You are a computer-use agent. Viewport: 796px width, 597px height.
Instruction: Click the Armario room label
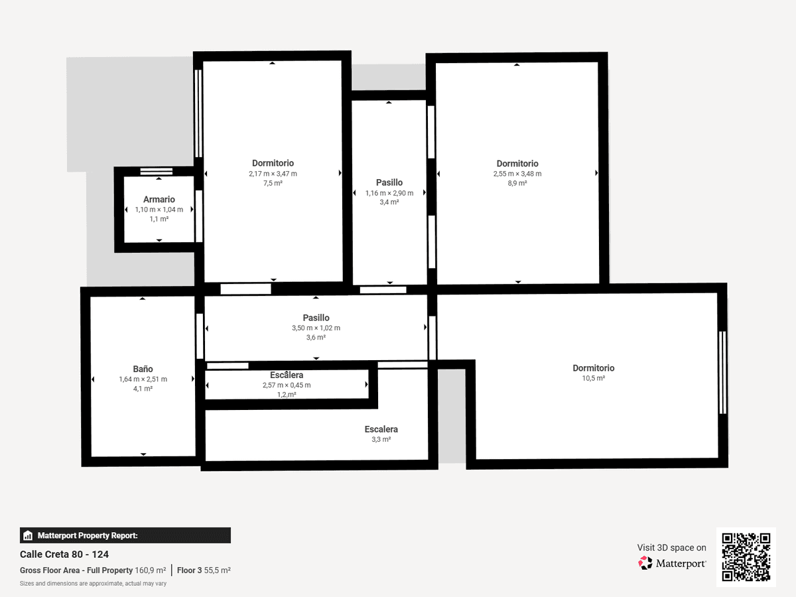(x=159, y=200)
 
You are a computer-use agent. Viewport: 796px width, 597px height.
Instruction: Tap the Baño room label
(x=143, y=369)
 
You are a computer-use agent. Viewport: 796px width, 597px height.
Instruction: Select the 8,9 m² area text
(x=517, y=183)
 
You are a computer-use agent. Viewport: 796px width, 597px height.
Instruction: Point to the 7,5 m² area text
(x=273, y=183)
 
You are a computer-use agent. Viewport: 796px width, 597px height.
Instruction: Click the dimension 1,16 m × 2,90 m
(x=389, y=193)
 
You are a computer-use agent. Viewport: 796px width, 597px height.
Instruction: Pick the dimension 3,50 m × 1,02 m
(x=316, y=328)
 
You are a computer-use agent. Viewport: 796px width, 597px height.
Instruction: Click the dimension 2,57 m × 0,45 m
(x=287, y=385)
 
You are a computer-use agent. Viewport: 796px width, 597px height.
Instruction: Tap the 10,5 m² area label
(x=593, y=378)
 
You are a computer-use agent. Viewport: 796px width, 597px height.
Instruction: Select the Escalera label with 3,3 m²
(x=381, y=429)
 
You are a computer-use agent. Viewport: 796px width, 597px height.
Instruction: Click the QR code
(x=746, y=557)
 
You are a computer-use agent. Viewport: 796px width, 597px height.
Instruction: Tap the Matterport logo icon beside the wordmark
(x=645, y=563)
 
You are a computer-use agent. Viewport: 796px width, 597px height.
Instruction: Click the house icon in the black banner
(x=28, y=535)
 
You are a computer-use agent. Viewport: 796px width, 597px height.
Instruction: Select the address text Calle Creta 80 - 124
(x=64, y=555)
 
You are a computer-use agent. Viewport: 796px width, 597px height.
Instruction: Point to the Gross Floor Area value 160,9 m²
(x=151, y=570)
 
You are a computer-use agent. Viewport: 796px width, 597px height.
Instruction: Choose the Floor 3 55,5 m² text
(x=204, y=570)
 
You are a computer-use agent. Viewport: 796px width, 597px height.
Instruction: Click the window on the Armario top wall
(x=157, y=171)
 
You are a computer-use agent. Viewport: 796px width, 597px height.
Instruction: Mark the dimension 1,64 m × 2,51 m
(x=143, y=379)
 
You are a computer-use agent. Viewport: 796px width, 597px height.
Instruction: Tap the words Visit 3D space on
(x=671, y=547)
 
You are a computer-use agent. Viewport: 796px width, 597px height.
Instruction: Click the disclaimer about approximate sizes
(x=93, y=584)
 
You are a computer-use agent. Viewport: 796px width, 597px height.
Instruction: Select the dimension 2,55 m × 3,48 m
(x=517, y=174)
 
